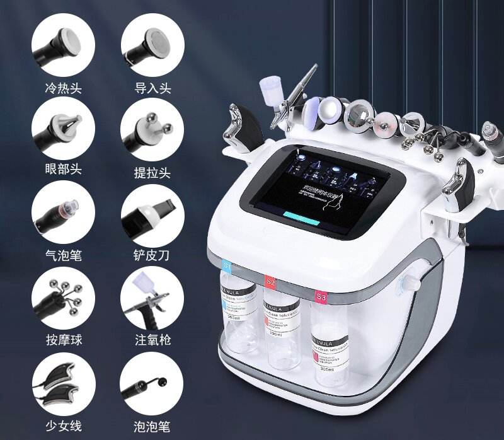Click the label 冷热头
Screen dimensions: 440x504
[x=64, y=87]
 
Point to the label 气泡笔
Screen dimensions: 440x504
[x=64, y=255]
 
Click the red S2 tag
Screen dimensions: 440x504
[x=270, y=281]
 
